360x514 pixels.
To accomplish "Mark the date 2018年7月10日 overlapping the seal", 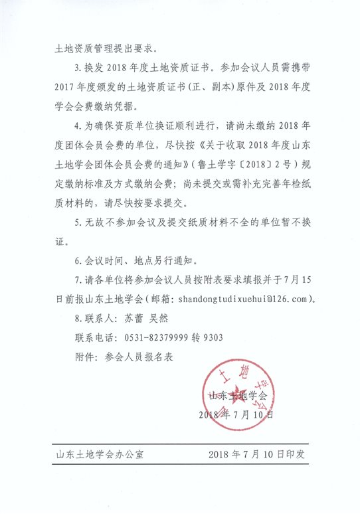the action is (236, 415).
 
